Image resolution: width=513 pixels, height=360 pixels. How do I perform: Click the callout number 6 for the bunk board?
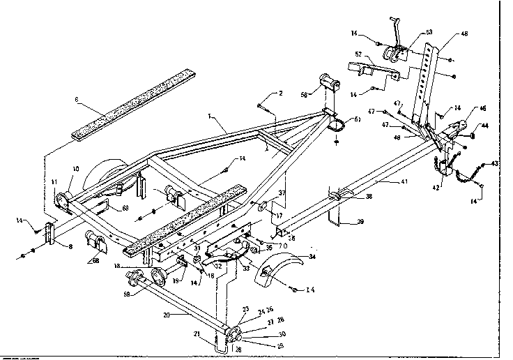[77, 100]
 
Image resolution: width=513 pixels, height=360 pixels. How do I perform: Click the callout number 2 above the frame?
[280, 93]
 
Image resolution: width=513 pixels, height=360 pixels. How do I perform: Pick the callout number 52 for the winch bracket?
[358, 54]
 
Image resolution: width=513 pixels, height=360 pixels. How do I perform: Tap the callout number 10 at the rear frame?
[76, 169]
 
